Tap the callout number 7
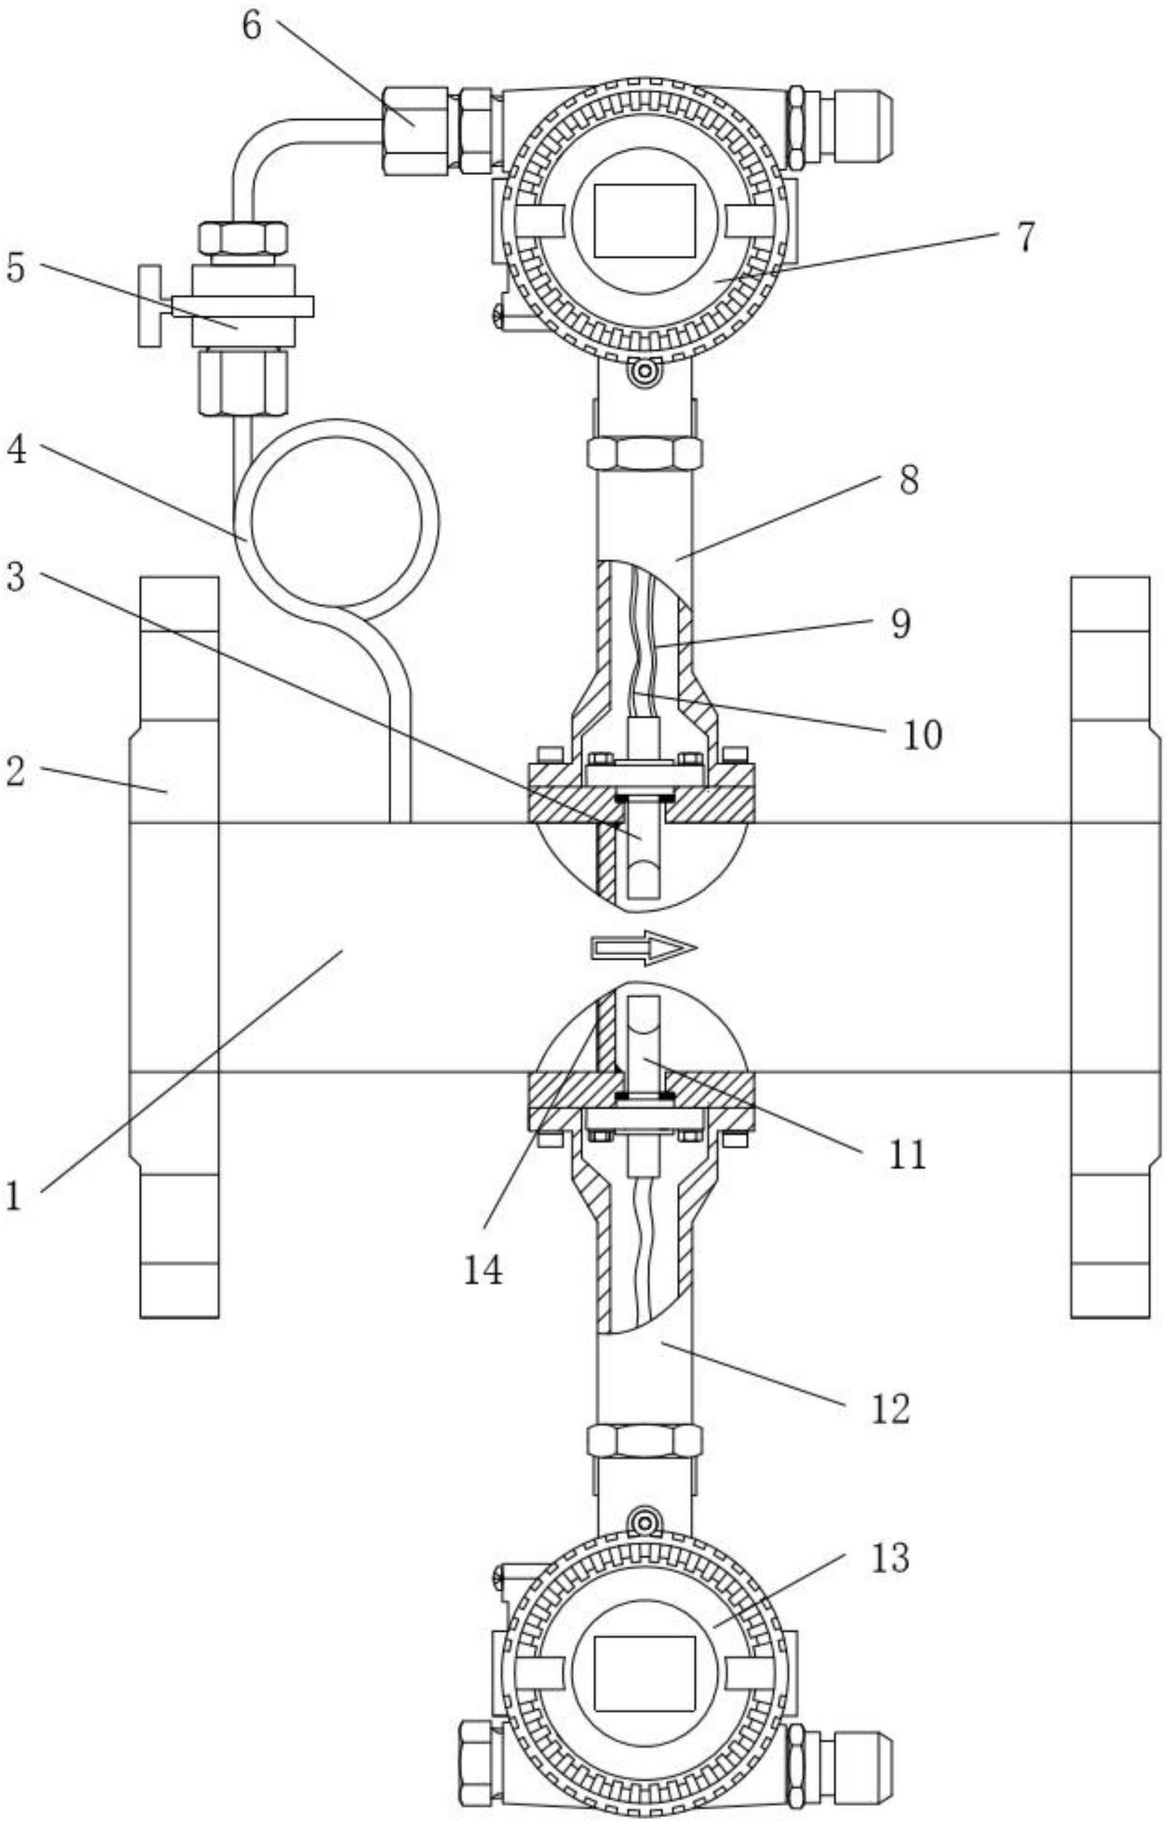tap(1024, 236)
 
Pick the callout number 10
tap(921, 734)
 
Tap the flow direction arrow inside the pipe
tap(644, 948)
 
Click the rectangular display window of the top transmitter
tap(644, 220)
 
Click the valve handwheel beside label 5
tap(150, 306)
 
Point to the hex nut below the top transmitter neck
tap(644, 454)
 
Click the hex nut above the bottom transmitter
tap(644, 1440)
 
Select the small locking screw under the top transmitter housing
tap(645, 372)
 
